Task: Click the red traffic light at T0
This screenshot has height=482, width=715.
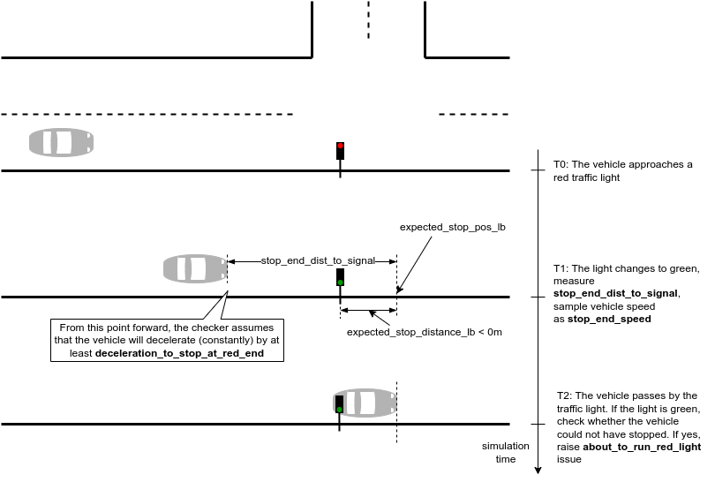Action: point(340,150)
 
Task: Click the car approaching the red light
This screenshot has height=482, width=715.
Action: point(61,142)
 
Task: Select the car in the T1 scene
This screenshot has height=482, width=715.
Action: point(195,268)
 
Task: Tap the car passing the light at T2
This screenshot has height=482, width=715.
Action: point(364,403)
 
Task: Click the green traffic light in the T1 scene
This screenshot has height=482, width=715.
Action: point(340,277)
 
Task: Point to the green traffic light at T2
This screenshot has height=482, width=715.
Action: point(340,404)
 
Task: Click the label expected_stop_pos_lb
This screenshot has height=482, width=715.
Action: point(452,227)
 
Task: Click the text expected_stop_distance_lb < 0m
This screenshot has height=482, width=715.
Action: point(424,332)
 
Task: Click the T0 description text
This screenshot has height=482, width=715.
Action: point(622,171)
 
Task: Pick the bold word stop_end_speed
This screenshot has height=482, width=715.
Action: point(609,319)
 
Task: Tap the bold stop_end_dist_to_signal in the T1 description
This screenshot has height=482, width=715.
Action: point(615,293)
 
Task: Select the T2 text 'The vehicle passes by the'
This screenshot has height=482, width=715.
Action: point(626,396)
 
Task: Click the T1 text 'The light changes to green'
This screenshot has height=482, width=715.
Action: point(626,268)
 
